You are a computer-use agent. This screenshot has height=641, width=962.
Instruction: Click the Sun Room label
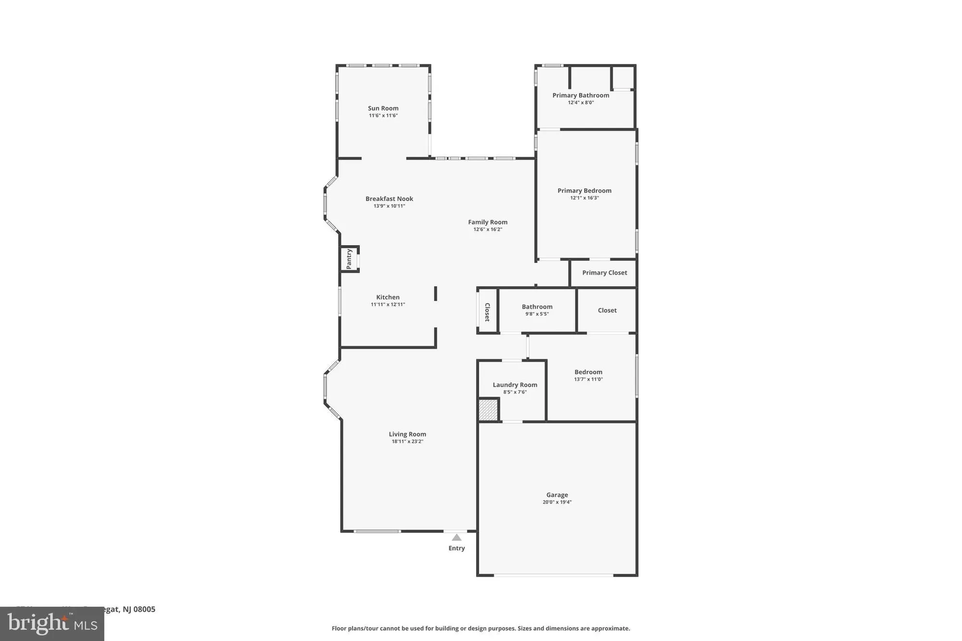coord(383,108)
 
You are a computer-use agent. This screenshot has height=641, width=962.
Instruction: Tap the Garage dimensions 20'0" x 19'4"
coord(557,502)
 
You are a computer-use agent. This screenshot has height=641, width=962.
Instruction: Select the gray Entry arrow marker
coord(456,537)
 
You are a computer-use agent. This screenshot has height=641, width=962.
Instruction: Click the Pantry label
coord(349,259)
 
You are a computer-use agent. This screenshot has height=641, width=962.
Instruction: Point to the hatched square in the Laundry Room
coord(488,410)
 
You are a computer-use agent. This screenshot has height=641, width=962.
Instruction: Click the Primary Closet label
coord(604,273)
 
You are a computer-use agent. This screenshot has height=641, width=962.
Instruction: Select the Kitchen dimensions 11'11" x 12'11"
coord(388,304)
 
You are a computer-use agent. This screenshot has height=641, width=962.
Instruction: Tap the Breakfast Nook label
coord(389,199)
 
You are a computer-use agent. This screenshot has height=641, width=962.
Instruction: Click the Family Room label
coord(488,222)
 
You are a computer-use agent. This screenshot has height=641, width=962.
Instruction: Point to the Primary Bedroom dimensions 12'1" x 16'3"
coord(584,198)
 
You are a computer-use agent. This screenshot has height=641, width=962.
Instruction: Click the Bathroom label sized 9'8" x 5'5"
coord(537,307)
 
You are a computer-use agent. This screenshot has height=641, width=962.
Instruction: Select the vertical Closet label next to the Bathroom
coord(487,312)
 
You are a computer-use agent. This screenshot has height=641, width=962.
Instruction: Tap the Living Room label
coord(407,434)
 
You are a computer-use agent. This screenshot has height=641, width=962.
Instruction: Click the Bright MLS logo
coord(52,624)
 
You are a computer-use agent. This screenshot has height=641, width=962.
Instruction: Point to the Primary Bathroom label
coord(581,95)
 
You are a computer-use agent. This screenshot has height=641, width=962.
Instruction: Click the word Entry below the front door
coord(456,548)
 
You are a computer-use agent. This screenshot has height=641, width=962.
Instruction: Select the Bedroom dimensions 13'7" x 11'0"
coord(588,379)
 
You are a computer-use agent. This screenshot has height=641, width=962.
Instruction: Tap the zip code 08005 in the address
coord(144,609)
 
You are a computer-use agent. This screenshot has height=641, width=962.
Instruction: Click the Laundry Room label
coord(515,385)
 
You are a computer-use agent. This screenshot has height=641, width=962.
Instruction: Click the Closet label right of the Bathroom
coord(607,310)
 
